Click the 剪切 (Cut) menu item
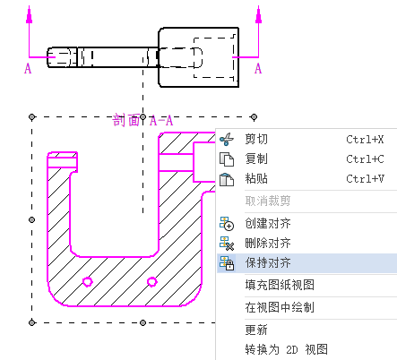256,140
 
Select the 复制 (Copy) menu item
256,159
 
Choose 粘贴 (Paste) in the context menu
256,178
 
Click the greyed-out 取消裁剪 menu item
268,201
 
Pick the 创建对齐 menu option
268,223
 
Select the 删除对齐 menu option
268,243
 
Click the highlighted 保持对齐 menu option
268,262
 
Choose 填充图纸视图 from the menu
280,285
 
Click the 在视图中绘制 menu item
280,307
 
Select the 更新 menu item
256,330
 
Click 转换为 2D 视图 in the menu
286,349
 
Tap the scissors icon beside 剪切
227,140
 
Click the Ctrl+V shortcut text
365,178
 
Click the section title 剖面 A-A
142,121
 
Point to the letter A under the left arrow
28,69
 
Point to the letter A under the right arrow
258,69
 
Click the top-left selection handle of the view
32,116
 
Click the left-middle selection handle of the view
32,220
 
